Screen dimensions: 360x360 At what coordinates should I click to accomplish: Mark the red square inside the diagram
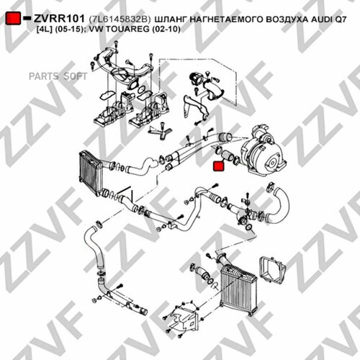219,167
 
